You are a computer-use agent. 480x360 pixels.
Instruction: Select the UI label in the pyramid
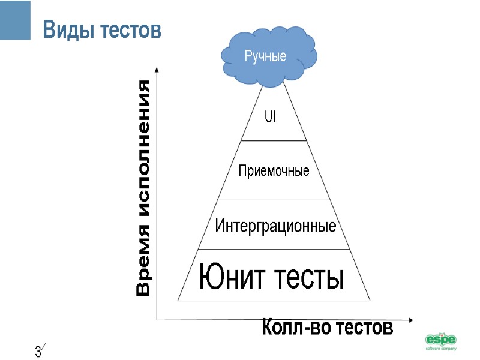click(x=270, y=117)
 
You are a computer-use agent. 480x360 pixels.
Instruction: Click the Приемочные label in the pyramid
click(x=274, y=171)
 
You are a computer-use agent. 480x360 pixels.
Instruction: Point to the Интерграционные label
click(x=275, y=227)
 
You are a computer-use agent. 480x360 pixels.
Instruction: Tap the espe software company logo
click(x=441, y=340)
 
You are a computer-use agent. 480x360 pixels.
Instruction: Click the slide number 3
click(x=38, y=351)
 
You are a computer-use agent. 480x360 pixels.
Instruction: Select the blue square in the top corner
click(x=15, y=20)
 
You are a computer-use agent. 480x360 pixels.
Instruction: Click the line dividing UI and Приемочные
click(x=274, y=141)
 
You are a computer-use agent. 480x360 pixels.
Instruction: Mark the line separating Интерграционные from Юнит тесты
click(x=274, y=250)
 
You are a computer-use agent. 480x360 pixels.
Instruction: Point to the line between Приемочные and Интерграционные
click(x=274, y=199)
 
